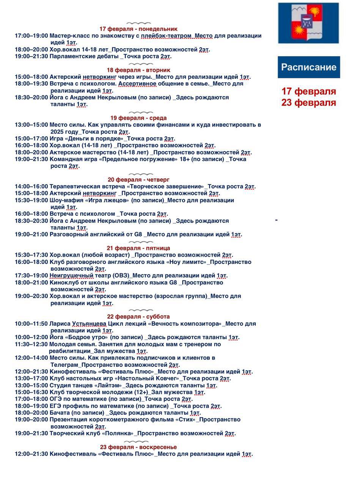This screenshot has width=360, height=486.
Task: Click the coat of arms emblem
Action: tap(308, 23)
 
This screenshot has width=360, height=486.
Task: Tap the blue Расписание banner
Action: tap(308, 67)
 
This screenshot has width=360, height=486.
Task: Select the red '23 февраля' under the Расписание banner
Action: tap(308, 103)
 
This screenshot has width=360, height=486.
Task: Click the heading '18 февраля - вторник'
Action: tap(138, 70)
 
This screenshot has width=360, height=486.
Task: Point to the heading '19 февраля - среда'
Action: tap(138, 118)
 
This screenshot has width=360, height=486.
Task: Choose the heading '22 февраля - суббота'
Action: tap(138, 317)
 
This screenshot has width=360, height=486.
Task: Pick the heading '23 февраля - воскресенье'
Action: tap(138, 447)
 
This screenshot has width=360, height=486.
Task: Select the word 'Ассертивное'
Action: tap(137, 84)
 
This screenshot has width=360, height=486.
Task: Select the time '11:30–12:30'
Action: tap(31, 344)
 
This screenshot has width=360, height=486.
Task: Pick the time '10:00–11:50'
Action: tap(31, 324)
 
